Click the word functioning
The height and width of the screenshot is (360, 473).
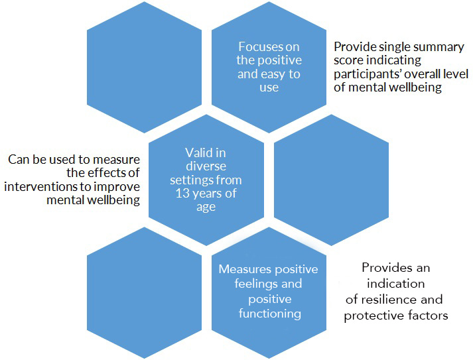pos(269,313)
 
